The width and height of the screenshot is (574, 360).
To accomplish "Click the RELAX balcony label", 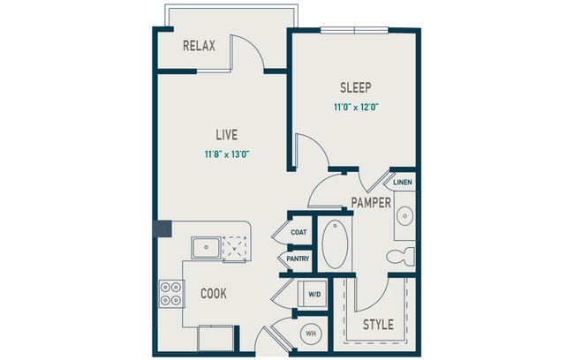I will click(x=200, y=45).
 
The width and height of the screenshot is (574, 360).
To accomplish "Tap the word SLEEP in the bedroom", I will click(x=355, y=88).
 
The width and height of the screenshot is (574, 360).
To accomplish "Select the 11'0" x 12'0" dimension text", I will click(x=355, y=107).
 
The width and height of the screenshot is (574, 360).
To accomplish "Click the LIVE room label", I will click(x=227, y=135).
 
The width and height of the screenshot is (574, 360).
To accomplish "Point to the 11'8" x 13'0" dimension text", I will click(x=226, y=155).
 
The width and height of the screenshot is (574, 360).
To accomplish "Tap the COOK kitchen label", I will click(x=215, y=293).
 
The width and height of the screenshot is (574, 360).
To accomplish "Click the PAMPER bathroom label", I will click(x=371, y=202).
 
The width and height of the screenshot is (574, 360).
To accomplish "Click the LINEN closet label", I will click(x=403, y=183).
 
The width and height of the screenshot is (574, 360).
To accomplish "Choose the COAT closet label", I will click(x=298, y=233).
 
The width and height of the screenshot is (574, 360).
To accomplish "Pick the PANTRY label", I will click(x=296, y=258).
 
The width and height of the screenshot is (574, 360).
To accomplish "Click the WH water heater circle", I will click(x=311, y=333).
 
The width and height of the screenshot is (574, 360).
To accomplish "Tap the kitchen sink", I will click(x=207, y=246).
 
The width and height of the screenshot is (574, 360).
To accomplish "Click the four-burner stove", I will click(x=170, y=293).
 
